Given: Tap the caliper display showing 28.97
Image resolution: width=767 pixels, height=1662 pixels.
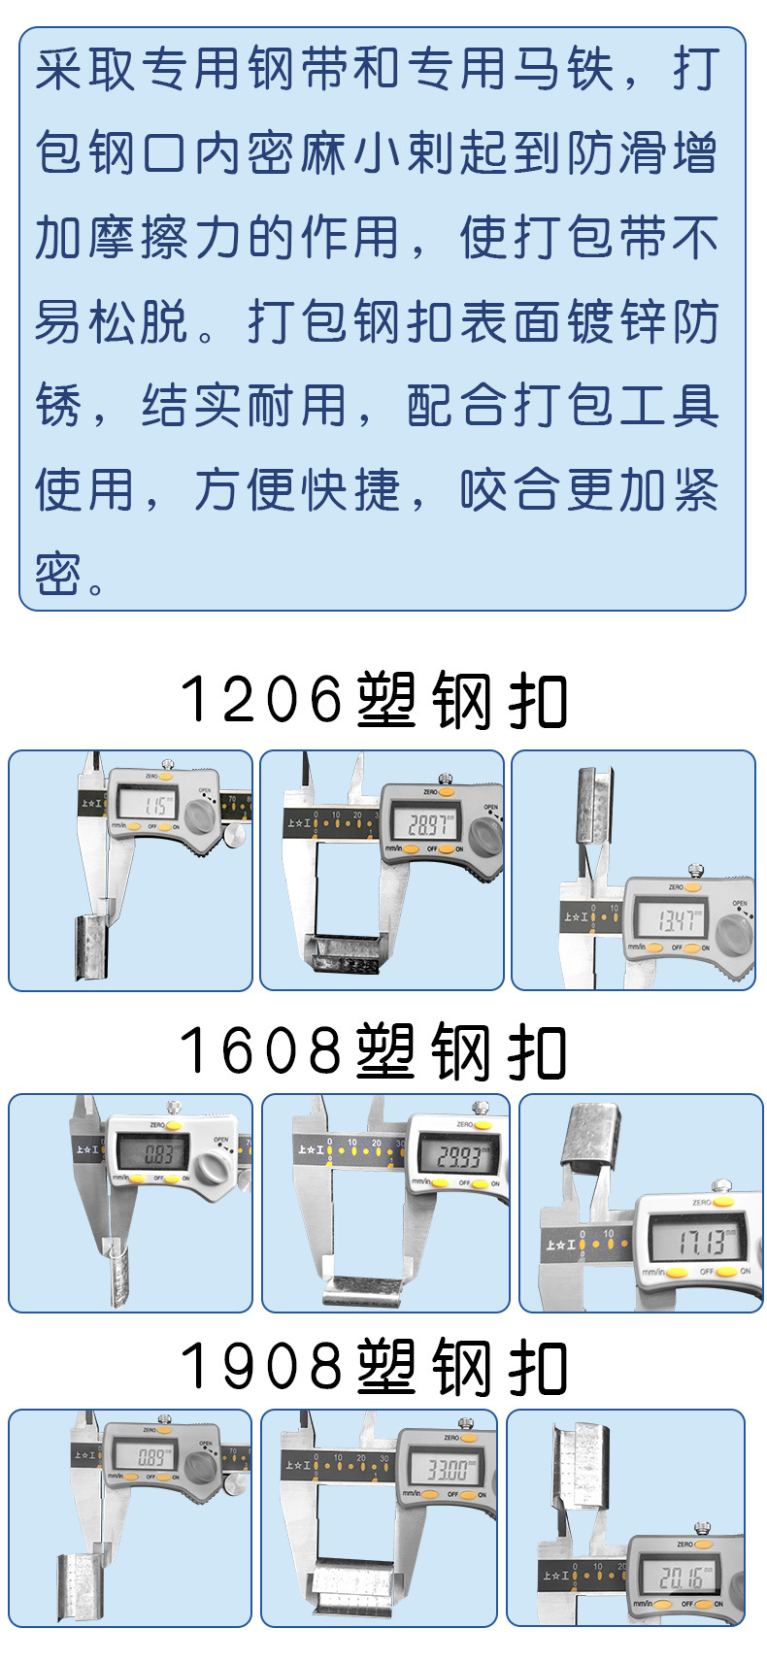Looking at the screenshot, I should [428, 825].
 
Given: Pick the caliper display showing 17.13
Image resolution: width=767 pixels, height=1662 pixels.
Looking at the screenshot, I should [699, 1242].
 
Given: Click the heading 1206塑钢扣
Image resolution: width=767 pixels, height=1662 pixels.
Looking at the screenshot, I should [374, 700].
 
